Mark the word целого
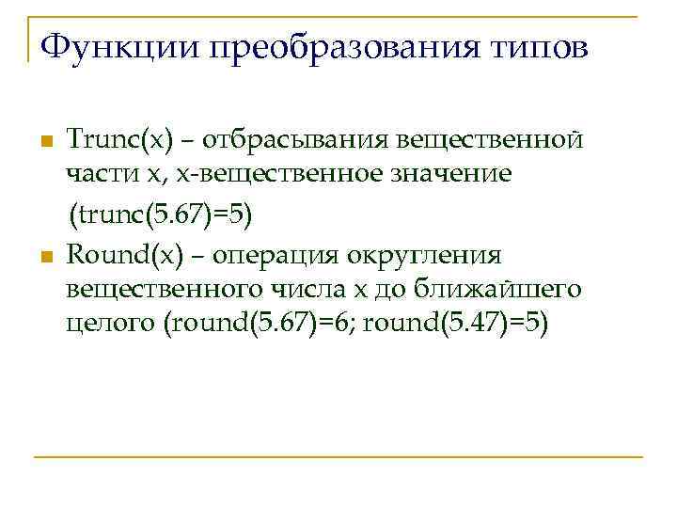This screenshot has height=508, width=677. tap(111, 325)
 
